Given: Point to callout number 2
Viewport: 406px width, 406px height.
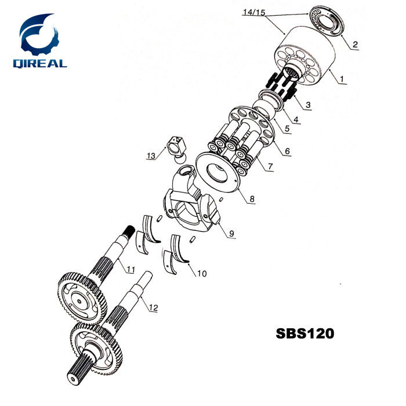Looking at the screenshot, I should coord(355,44).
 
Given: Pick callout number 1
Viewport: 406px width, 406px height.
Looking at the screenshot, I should coord(342,79).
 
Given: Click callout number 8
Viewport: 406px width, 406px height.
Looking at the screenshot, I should coord(252,199).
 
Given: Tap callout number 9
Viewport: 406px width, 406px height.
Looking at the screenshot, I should coord(231,233).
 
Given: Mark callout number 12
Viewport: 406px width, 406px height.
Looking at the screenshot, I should coord(153,308).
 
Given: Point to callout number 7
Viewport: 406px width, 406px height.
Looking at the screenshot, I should coord(269,166).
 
